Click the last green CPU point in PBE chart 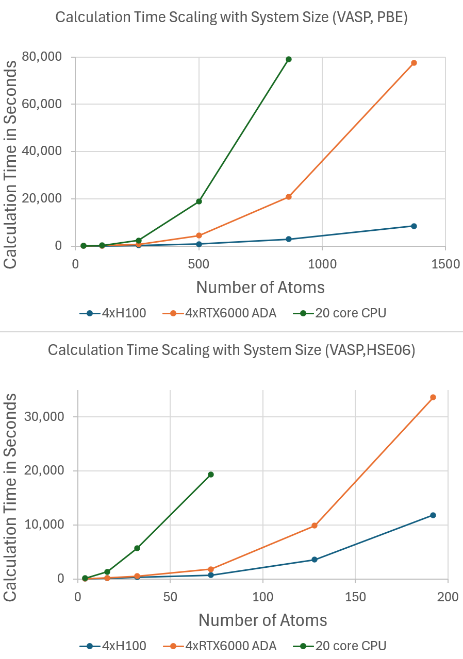tap(289, 59)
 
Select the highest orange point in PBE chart tap(414, 63)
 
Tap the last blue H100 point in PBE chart tap(414, 226)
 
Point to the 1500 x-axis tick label tap(445, 264)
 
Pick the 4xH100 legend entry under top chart tap(113, 313)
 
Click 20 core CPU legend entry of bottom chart tap(341, 646)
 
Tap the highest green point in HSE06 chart tap(211, 475)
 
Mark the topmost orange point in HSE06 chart tap(433, 397)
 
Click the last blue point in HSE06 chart tap(433, 515)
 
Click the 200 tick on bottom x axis tap(448, 597)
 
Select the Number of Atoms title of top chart tap(260, 287)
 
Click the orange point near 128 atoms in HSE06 tap(315, 526)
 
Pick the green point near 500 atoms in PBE tap(199, 201)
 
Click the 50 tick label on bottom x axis tap(170, 597)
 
